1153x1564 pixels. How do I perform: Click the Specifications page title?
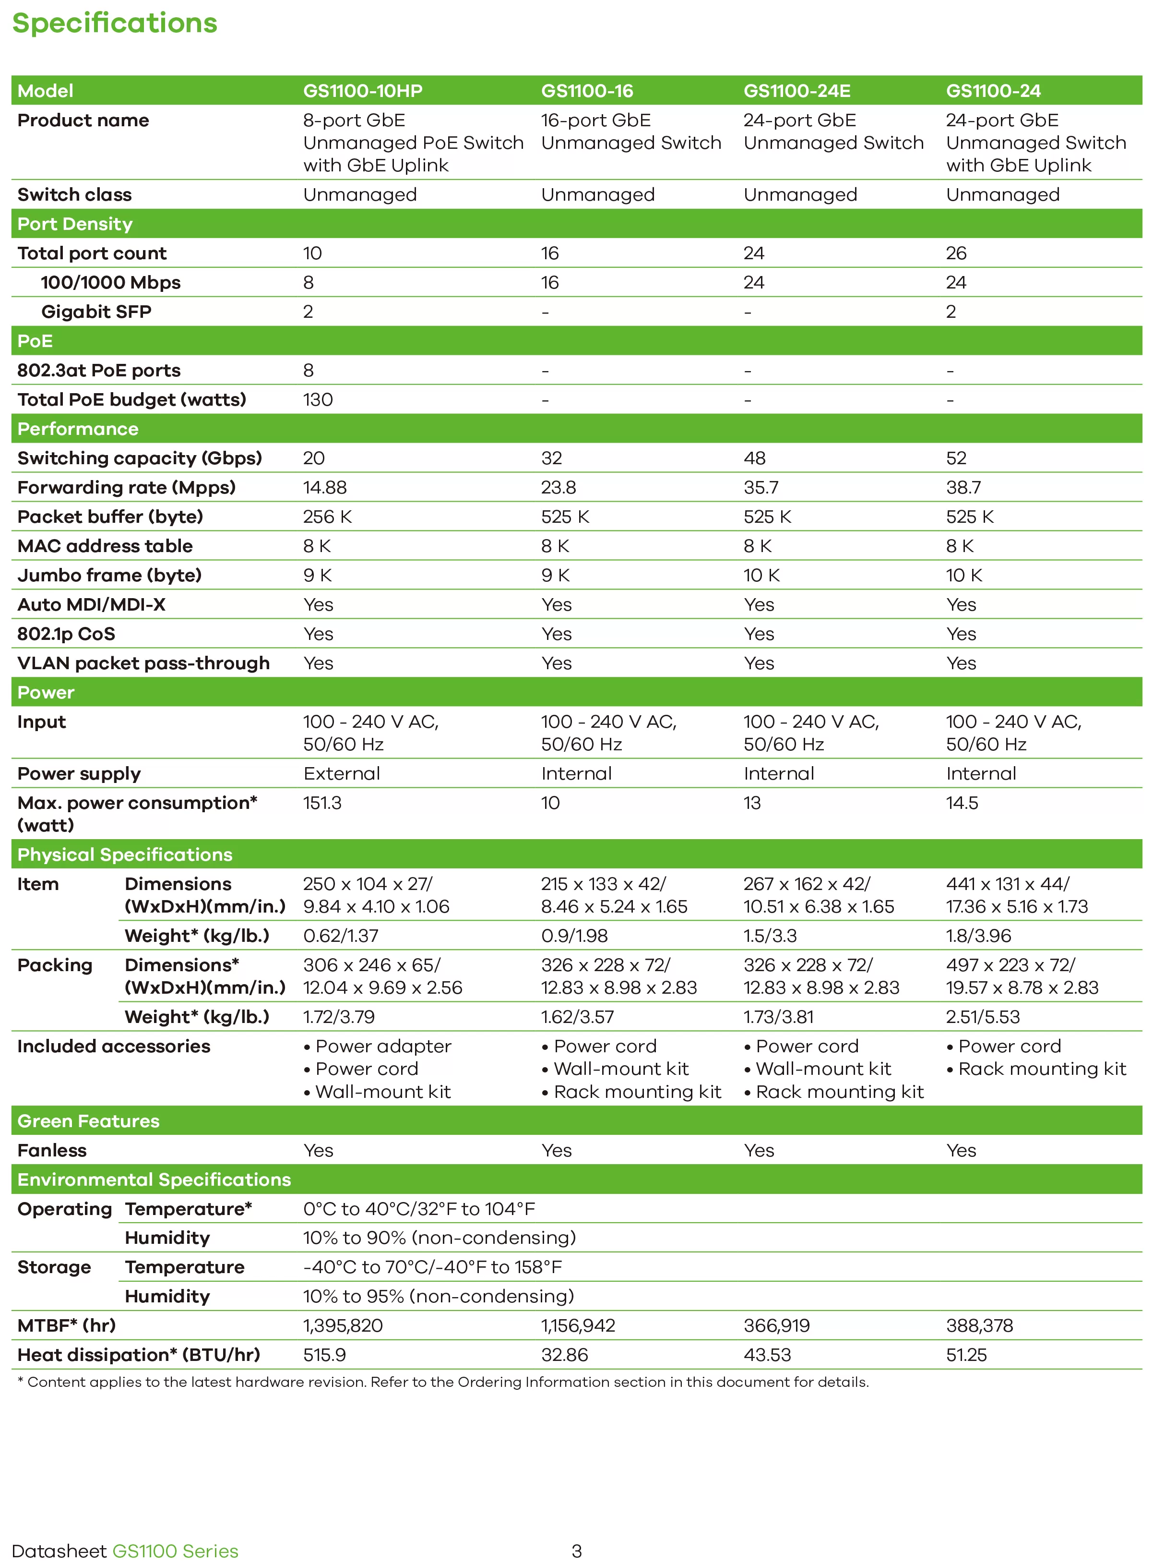tap(115, 23)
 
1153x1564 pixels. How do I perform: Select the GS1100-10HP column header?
tap(362, 91)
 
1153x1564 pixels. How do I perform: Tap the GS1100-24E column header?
tap(796, 91)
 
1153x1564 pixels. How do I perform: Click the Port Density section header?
tap(75, 224)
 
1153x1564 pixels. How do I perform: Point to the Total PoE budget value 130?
tap(318, 400)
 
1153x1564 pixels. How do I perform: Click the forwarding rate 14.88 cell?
tap(324, 487)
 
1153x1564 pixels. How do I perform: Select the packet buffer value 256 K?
tap(327, 517)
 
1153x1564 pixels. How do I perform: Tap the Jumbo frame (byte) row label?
tap(109, 575)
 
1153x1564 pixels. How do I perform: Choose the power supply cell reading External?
tap(341, 774)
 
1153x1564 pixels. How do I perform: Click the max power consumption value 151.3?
tap(322, 803)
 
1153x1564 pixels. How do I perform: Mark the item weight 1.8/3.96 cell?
tap(978, 936)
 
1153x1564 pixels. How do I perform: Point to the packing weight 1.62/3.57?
tap(577, 1017)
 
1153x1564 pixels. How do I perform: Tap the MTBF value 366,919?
tap(776, 1325)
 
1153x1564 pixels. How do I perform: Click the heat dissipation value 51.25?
tap(966, 1355)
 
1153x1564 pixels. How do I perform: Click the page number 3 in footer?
tap(577, 1551)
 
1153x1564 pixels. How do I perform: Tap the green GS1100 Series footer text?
tap(175, 1551)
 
